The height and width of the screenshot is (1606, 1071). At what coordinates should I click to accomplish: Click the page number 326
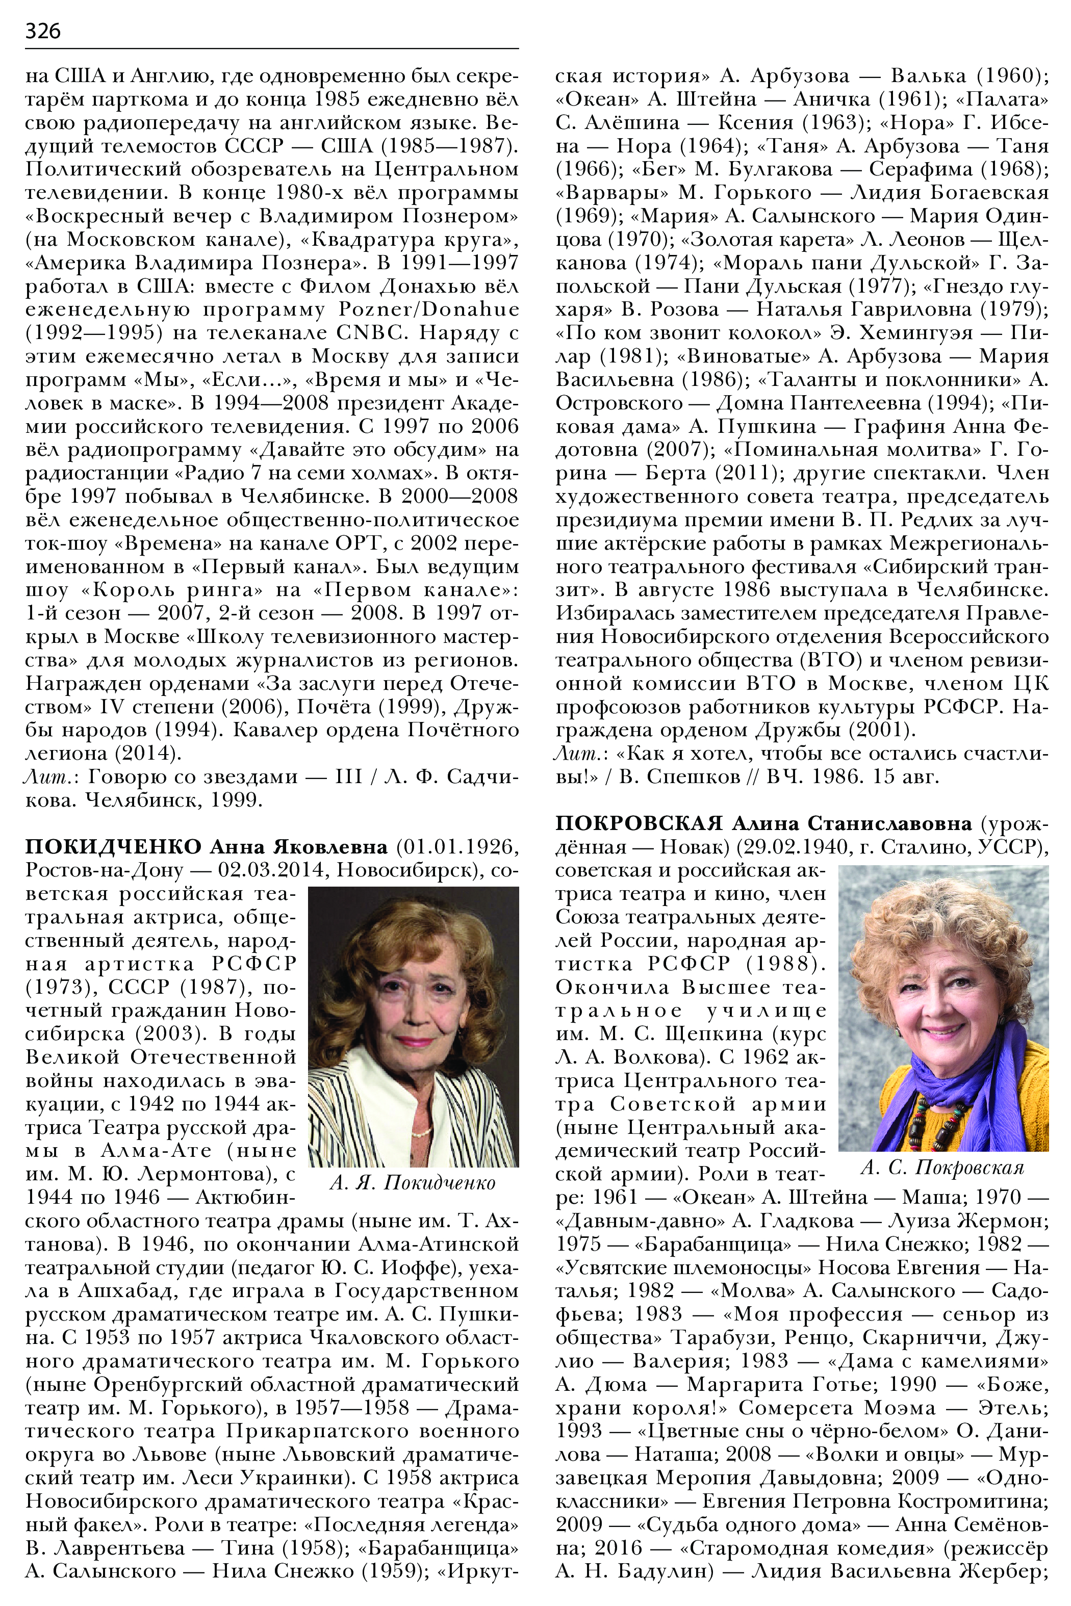(42, 31)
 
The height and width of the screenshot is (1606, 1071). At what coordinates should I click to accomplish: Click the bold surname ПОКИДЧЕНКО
(113, 847)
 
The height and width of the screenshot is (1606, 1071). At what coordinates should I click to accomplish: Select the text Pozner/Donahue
(429, 309)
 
